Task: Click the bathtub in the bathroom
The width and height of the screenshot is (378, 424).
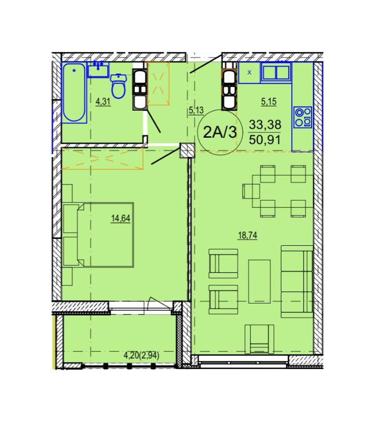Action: pyautogui.click(x=74, y=92)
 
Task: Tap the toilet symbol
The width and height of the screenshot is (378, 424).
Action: pyautogui.click(x=118, y=86)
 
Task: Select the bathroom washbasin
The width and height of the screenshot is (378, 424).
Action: pyautogui.click(x=98, y=70)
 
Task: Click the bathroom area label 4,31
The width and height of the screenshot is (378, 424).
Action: pyautogui.click(x=103, y=102)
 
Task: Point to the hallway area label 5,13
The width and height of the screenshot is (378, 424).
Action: pyautogui.click(x=196, y=111)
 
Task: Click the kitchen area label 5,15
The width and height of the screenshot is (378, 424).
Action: pyautogui.click(x=269, y=102)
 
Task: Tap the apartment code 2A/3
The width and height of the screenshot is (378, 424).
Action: pyautogui.click(x=220, y=132)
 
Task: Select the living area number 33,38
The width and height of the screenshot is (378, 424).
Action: pyautogui.click(x=265, y=125)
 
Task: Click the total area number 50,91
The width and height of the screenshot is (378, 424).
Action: pyautogui.click(x=265, y=140)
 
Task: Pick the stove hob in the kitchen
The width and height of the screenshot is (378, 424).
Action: pyautogui.click(x=303, y=117)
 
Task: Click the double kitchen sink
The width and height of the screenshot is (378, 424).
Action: pyautogui.click(x=276, y=72)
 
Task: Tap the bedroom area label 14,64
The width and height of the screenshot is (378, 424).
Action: pyautogui.click(x=121, y=218)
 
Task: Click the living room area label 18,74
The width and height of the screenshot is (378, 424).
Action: pyautogui.click(x=248, y=235)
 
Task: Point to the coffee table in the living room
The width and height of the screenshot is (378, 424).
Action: pyautogui.click(x=260, y=281)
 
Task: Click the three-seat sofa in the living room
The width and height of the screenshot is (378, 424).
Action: pyautogui.click(x=297, y=281)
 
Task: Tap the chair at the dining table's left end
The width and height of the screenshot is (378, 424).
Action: pyautogui.click(x=251, y=191)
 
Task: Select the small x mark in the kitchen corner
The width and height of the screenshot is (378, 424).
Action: pyautogui.click(x=249, y=72)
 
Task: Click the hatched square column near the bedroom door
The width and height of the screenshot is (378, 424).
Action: pyautogui.click(x=187, y=150)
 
